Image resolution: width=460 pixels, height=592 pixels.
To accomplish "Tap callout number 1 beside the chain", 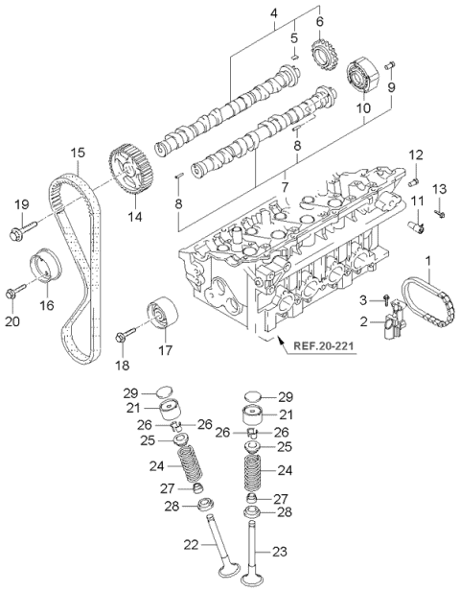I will pyautogui.click(x=428, y=260).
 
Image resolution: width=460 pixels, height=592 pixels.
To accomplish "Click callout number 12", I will pyautogui.click(x=415, y=154).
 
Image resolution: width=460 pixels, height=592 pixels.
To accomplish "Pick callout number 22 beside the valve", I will pyautogui.click(x=192, y=545).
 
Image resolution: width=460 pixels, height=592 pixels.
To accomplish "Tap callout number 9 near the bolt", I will pyautogui.click(x=392, y=87).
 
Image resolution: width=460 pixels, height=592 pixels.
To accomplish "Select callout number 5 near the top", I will pyautogui.click(x=296, y=37).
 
